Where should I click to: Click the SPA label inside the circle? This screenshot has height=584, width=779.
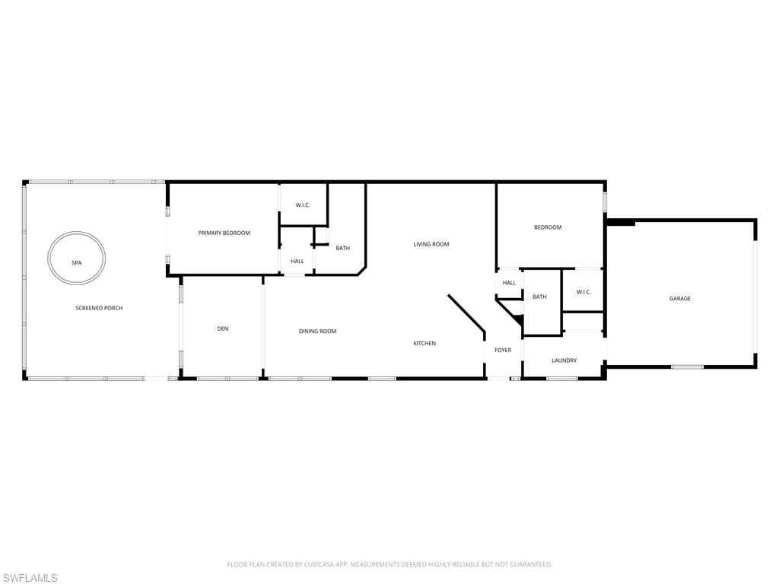(77, 262)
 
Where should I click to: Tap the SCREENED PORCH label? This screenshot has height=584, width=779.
(99, 308)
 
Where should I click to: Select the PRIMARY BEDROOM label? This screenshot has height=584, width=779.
(224, 233)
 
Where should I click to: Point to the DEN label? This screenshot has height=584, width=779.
(223, 328)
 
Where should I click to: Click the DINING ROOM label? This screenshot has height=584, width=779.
(317, 332)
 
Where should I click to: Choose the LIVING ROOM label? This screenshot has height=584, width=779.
(431, 244)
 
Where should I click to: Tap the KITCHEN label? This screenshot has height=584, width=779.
(424, 343)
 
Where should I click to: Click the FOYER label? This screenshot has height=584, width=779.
(503, 350)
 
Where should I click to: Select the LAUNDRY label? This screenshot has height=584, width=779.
(564, 360)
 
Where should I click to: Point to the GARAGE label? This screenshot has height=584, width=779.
(679, 298)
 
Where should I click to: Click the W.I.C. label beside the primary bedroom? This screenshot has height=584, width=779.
(303, 205)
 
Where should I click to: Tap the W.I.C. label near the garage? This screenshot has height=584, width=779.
(583, 292)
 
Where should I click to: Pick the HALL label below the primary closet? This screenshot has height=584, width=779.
(297, 262)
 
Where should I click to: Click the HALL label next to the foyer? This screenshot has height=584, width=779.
(509, 283)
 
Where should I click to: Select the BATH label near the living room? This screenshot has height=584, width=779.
(343, 248)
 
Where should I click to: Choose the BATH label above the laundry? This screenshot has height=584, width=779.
(539, 297)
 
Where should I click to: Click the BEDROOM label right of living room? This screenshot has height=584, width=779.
(548, 227)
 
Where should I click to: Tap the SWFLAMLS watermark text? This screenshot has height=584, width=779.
(29, 578)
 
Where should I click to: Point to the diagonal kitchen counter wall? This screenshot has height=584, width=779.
(466, 313)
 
